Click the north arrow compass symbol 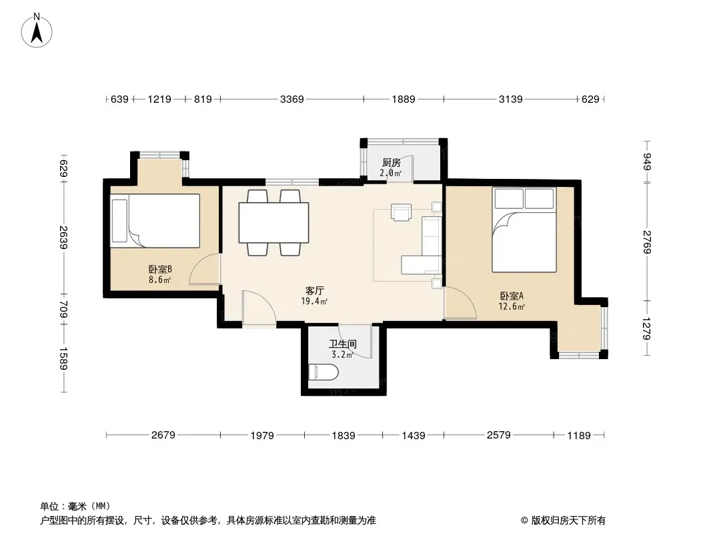pyautogui.click(x=37, y=31)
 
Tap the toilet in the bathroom pyautogui.click(x=323, y=373)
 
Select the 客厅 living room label pyautogui.click(x=314, y=290)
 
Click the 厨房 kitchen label pyautogui.click(x=391, y=162)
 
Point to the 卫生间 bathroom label pyautogui.click(x=343, y=344)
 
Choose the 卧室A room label pyautogui.click(x=512, y=296)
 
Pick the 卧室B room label pyautogui.click(x=160, y=269)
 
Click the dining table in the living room pyautogui.click(x=274, y=223)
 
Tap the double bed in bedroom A pyautogui.click(x=525, y=230)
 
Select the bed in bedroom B pyautogui.click(x=155, y=221)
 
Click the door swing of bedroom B pyautogui.click(x=205, y=269)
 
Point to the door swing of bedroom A pyautogui.click(x=460, y=303)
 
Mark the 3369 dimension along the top pyautogui.click(x=292, y=99)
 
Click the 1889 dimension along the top pyautogui.click(x=404, y=99)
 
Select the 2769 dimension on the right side pyautogui.click(x=647, y=242)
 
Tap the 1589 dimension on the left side pyautogui.click(x=63, y=358)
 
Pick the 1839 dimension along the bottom pyautogui.click(x=343, y=436)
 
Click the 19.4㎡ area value pyautogui.click(x=314, y=301)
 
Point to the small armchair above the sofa pyautogui.click(x=402, y=212)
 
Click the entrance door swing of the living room pyautogui.click(x=259, y=308)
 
